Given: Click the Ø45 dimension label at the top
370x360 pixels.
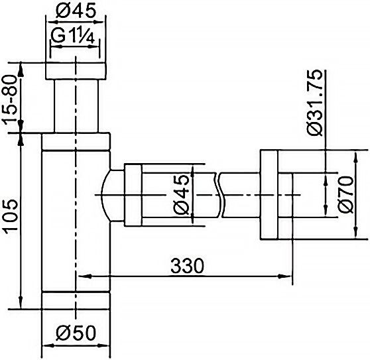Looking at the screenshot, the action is point(76,11).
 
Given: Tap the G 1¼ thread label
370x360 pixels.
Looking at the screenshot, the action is point(73,36).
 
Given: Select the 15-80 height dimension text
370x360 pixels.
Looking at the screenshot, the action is point(11,99).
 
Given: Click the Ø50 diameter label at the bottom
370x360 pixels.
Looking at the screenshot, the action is point(76,333).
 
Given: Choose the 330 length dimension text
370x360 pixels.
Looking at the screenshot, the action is point(187,266).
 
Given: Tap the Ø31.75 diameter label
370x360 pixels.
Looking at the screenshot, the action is point(315,103).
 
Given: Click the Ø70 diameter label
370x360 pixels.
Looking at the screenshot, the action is point(346,194).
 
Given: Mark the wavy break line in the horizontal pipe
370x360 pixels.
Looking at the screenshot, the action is point(219,195).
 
